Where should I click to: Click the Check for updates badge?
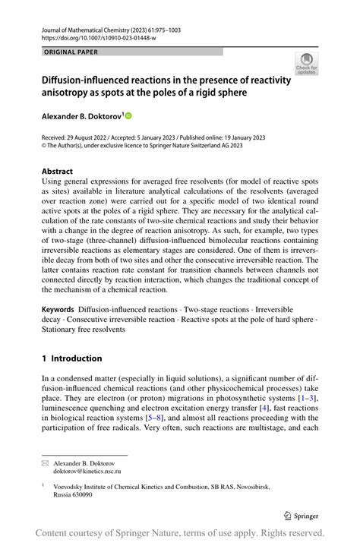[x=306, y=64]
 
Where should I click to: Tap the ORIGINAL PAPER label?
[x=71, y=52]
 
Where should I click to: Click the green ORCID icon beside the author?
[x=128, y=115]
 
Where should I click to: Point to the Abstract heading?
[x=58, y=172]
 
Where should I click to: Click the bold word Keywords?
[x=57, y=310]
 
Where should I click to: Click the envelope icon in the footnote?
[x=45, y=462]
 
